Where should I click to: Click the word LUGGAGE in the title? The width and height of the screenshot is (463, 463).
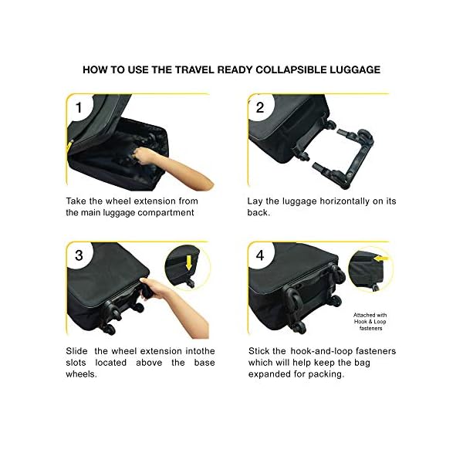coord(353,69)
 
